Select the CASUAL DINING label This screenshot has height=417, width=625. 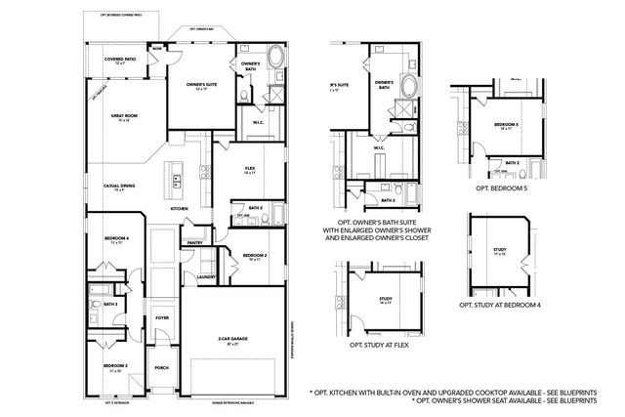(118, 187)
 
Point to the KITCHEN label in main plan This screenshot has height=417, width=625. (180, 209)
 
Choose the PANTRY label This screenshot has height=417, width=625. (194, 242)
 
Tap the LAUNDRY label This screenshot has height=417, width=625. (205, 276)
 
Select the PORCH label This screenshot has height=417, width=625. (161, 368)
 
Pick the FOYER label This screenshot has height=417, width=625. (161, 317)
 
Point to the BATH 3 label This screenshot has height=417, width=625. (110, 305)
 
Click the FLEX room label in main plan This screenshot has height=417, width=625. (250, 170)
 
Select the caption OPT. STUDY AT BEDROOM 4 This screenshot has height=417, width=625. (500, 305)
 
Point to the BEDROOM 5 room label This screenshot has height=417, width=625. (505, 125)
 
